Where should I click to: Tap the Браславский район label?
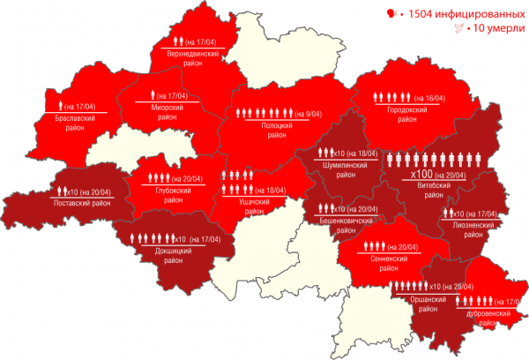click(x=74, y=123)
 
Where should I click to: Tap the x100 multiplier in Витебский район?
click(x=421, y=176)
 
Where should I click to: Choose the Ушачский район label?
click(x=255, y=206)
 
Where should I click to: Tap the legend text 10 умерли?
click(x=486, y=29)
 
